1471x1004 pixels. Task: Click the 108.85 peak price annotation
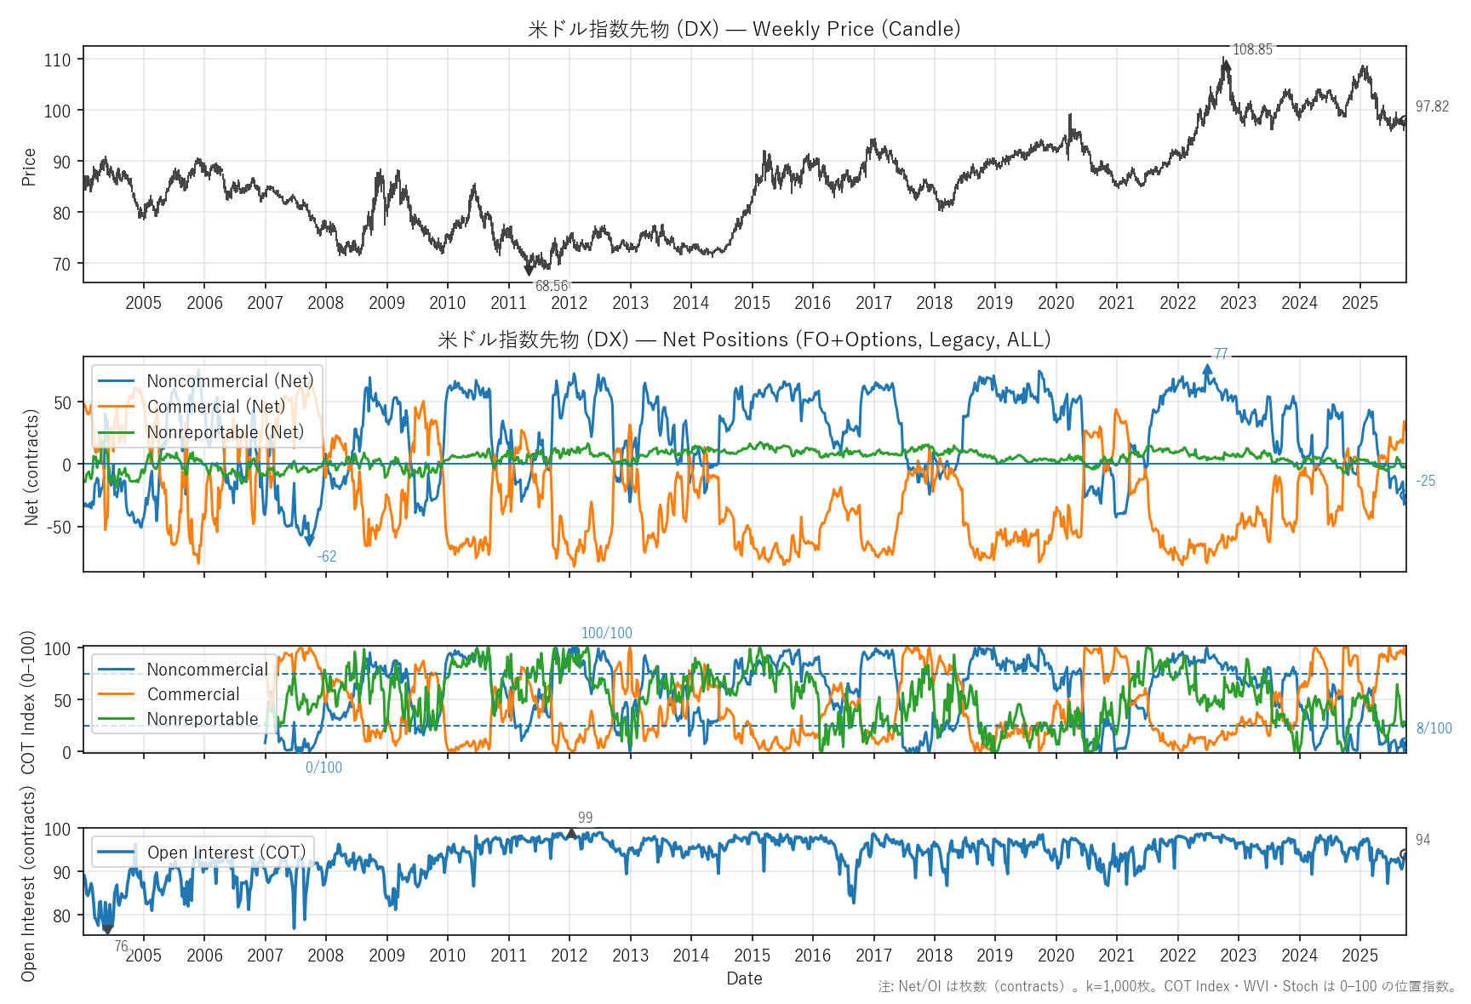[1252, 49]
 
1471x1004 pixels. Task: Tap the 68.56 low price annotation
[552, 286]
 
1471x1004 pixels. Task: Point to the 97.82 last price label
[1432, 106]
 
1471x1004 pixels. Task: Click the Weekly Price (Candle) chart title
[744, 29]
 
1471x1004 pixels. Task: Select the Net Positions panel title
[744, 339]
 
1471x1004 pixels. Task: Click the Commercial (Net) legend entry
[216, 407]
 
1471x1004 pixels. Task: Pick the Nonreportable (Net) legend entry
[225, 432]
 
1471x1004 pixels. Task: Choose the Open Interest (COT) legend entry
[226, 853]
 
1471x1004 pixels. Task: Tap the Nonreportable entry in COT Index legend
[203, 719]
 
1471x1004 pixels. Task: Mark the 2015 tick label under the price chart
[752, 303]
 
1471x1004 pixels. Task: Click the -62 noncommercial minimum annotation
[327, 556]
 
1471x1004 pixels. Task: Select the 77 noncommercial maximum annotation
[1221, 354]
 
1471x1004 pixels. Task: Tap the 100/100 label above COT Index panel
[607, 633]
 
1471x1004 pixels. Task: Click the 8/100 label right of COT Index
[1434, 728]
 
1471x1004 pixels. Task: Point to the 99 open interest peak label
[585, 818]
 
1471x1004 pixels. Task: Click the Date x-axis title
[744, 978]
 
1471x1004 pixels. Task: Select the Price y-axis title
[29, 167]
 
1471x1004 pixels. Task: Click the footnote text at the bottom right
[1167, 986]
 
